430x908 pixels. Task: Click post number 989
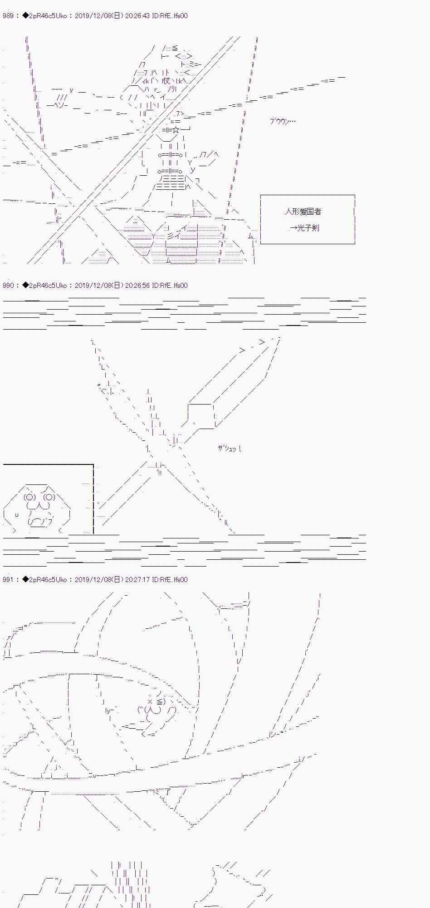pyautogui.click(x=8, y=16)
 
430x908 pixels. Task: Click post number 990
pyautogui.click(x=8, y=286)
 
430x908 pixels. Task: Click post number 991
pyautogui.click(x=8, y=580)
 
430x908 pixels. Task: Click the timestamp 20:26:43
pyautogui.click(x=137, y=16)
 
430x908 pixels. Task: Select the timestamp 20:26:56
pyautogui.click(x=137, y=286)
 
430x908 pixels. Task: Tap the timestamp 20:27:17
pyautogui.click(x=137, y=580)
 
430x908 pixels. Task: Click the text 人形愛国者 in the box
pyautogui.click(x=303, y=212)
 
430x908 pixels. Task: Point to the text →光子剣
pyautogui.click(x=304, y=228)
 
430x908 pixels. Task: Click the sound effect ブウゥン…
pyautogui.click(x=283, y=121)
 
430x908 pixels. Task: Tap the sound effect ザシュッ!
pyautogui.click(x=229, y=449)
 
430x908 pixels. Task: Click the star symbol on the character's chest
pyautogui.click(x=176, y=131)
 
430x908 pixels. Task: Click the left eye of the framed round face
pyautogui.click(x=30, y=497)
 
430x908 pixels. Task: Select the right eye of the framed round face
pyautogui.click(x=49, y=497)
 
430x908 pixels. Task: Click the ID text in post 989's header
pyautogui.click(x=170, y=16)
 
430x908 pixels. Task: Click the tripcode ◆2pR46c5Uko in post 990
pyautogui.click(x=44, y=286)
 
